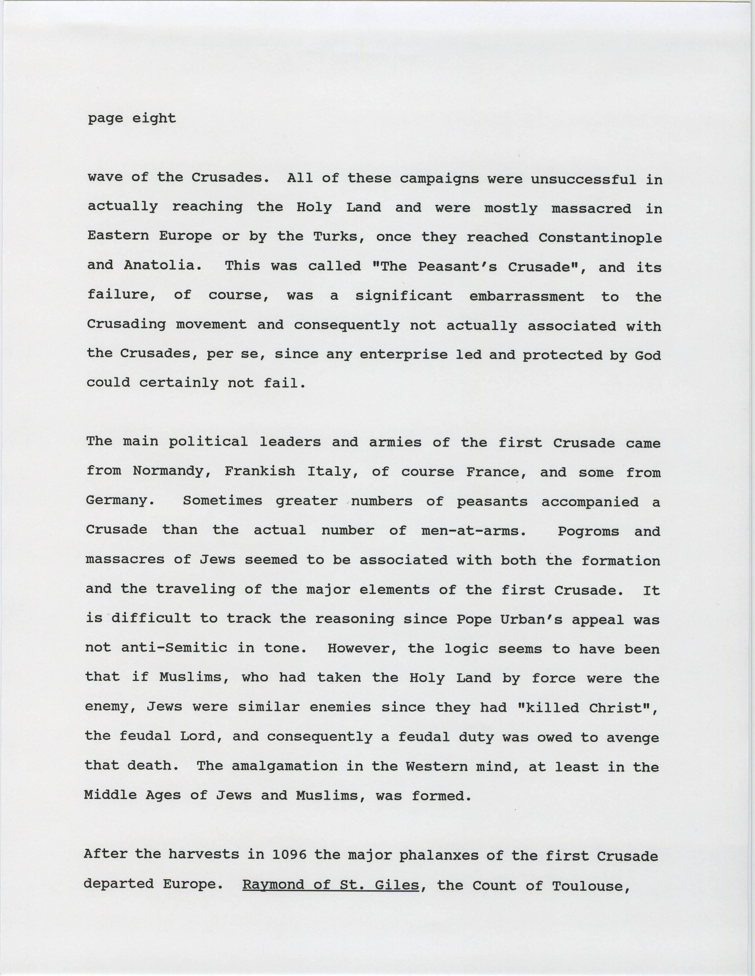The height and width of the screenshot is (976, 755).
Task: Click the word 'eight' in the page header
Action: (x=154, y=118)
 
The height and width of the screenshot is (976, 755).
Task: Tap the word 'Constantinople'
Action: (x=600, y=238)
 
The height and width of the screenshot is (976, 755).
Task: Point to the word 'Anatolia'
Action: (x=159, y=265)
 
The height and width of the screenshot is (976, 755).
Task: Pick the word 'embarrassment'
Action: (x=527, y=296)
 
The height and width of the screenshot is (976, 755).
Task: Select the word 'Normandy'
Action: (x=168, y=471)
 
